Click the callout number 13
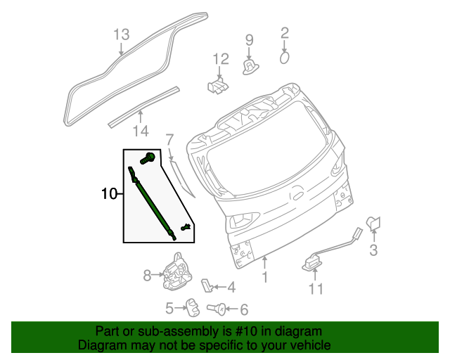click(x=122, y=34)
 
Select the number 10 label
click(x=109, y=193)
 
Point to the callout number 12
click(x=220, y=59)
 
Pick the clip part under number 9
click(x=250, y=66)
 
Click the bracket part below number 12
click(x=217, y=86)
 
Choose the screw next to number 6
click(x=218, y=307)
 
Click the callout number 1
click(x=265, y=278)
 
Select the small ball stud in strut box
click(x=186, y=226)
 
